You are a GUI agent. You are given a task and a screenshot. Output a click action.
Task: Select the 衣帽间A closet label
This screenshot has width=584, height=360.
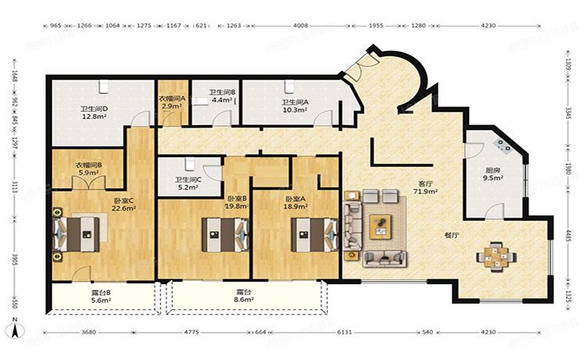point(171,98)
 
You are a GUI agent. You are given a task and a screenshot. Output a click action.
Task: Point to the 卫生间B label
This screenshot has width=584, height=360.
point(222,92)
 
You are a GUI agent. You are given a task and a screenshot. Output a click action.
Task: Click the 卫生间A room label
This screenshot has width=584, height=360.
point(294,102)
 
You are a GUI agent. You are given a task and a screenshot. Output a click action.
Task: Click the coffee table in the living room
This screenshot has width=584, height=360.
point(381,225)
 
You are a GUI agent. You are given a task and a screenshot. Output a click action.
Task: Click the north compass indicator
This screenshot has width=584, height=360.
point(14,322)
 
